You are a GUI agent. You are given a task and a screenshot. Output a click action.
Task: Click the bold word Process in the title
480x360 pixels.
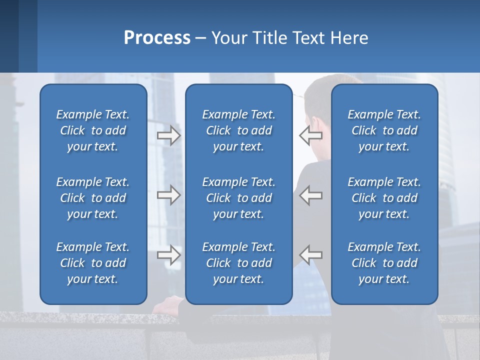pos(157,38)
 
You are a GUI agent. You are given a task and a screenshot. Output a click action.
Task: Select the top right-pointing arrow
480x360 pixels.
pos(168,135)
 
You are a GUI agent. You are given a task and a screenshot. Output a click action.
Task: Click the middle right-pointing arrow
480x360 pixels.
pos(168,195)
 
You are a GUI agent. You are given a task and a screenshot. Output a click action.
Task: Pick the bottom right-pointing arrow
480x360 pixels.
pos(168,255)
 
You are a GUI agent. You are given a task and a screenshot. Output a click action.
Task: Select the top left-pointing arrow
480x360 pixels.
pos(310,135)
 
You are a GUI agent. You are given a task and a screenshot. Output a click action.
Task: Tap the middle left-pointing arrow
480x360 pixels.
pos(310,195)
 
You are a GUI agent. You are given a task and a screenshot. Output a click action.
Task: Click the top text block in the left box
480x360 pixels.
pos(93,130)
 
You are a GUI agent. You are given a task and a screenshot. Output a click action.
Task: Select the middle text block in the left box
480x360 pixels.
pos(93,198)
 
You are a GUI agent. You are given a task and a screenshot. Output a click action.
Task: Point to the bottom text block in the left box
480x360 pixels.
pos(93,263)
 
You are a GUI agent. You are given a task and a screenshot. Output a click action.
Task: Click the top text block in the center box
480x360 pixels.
pos(238,130)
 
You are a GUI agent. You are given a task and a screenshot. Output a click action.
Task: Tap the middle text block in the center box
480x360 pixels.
pos(238,198)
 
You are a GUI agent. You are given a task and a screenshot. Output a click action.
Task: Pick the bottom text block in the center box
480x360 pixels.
pos(238,263)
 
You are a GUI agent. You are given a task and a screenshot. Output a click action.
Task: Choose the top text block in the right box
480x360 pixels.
pos(384,130)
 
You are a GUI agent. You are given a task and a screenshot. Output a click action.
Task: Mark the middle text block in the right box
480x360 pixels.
pos(384,198)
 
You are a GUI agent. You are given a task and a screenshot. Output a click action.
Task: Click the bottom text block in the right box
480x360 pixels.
pos(384,263)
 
